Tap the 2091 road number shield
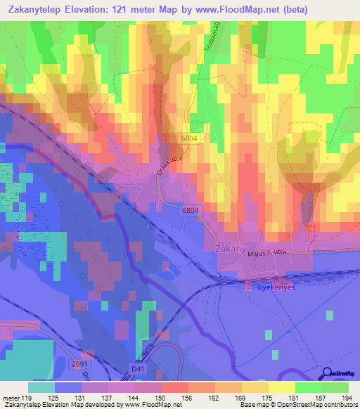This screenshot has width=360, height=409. pyautogui.click(x=79, y=363)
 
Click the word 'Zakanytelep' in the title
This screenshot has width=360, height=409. pyautogui.click(x=36, y=9)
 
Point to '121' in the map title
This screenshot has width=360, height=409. pyautogui.click(x=128, y=9)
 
